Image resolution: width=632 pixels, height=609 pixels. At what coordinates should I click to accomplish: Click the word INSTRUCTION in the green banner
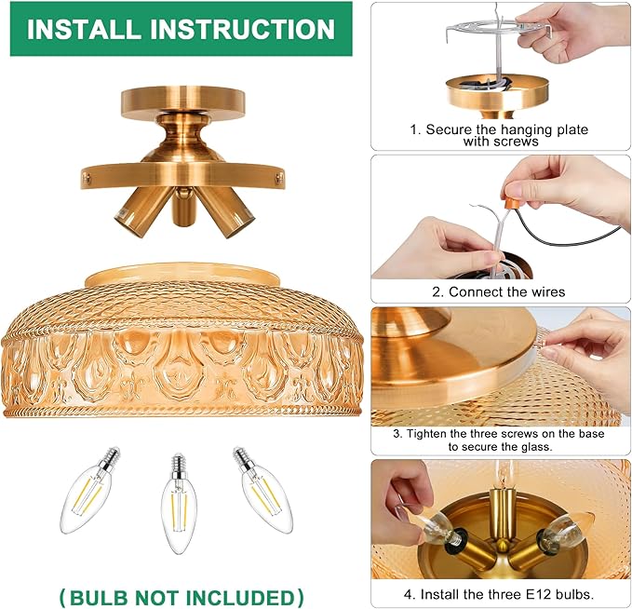click(243, 30)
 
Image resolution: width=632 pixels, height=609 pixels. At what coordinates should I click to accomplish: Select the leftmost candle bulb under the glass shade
click(89, 490)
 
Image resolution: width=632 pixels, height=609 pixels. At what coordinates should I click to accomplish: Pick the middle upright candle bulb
click(179, 504)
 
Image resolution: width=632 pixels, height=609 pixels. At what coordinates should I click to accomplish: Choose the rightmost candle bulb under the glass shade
click(262, 490)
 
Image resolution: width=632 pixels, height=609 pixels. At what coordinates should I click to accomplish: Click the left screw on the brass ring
click(86, 176)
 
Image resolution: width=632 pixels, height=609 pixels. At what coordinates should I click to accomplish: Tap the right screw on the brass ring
click(279, 176)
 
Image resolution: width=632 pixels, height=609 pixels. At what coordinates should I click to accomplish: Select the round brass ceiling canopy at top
click(183, 102)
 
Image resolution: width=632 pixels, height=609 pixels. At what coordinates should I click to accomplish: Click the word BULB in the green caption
click(100, 597)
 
